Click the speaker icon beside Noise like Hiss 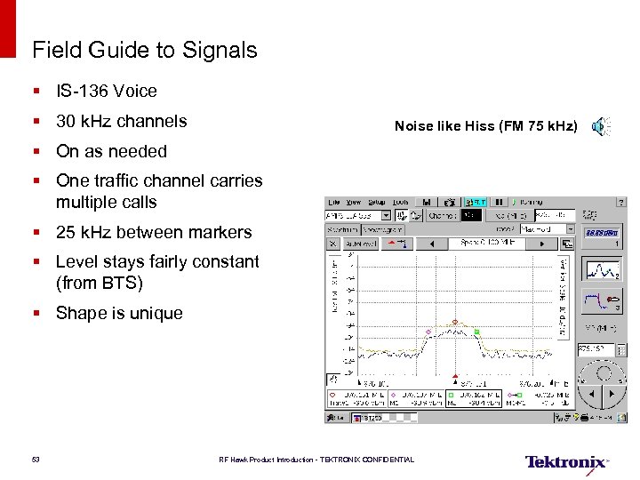point(601,126)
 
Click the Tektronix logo point(566,462)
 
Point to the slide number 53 point(36,460)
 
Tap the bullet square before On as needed point(36,152)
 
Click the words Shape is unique point(119,313)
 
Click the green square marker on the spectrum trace point(476,332)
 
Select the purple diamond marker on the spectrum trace point(428,332)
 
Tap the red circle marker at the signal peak point(455,323)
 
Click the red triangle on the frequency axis point(455,376)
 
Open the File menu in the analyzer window point(333,202)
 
